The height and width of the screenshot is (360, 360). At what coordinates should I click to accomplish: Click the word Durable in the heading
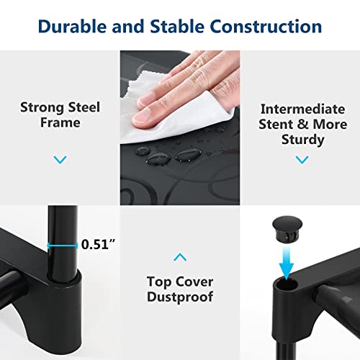click(x=72, y=26)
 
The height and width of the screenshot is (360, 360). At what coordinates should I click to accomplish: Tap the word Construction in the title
click(x=266, y=26)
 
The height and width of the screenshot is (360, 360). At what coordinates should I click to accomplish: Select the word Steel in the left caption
click(x=84, y=107)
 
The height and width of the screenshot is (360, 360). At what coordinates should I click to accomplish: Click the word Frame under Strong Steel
click(x=60, y=122)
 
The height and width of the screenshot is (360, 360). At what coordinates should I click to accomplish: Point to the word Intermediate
click(x=303, y=109)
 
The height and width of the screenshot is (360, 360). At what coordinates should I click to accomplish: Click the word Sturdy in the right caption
click(x=303, y=140)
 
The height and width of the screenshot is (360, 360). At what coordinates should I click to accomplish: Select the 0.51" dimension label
click(x=98, y=244)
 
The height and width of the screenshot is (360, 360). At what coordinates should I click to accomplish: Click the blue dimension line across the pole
click(x=62, y=246)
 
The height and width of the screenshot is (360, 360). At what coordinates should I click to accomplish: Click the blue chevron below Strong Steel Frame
click(x=60, y=160)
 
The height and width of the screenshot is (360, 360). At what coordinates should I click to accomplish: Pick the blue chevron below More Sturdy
click(x=302, y=160)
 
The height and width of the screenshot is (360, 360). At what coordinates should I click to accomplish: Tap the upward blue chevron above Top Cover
click(x=180, y=257)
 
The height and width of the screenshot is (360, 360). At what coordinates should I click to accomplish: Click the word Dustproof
click(x=180, y=297)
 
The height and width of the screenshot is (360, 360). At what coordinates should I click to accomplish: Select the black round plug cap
click(x=287, y=229)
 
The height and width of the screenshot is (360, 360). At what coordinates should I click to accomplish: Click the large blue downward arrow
click(x=287, y=263)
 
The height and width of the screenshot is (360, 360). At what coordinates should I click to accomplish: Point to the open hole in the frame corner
click(x=287, y=284)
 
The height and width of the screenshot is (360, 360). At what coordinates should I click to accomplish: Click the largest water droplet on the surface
click(x=189, y=155)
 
